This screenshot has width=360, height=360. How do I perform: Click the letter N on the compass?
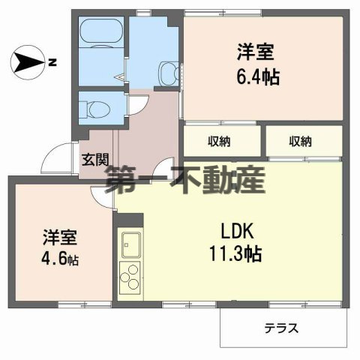point(52,62)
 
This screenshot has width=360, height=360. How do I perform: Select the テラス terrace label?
point(281,328)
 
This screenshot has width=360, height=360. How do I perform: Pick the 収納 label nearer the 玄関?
point(218,141)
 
